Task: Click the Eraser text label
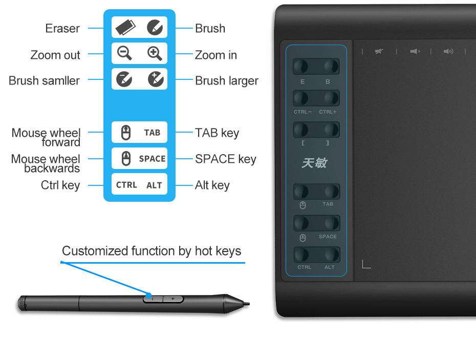coord(62,29)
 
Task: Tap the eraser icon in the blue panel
coord(125,27)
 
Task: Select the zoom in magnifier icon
coord(155,53)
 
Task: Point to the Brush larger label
coord(226,81)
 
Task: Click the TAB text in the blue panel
coord(152,133)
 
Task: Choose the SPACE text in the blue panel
coord(152,159)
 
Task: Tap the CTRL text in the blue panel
coord(126,185)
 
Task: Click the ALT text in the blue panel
coord(154,185)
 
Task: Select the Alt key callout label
coord(212,185)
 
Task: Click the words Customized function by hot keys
coord(152,251)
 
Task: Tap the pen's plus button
coord(173,299)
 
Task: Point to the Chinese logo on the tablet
coord(314,163)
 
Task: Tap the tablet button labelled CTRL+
coord(331,98)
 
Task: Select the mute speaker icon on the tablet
coord(379,51)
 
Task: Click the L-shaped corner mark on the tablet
coord(366,264)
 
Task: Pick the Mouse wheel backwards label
coord(46,164)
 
